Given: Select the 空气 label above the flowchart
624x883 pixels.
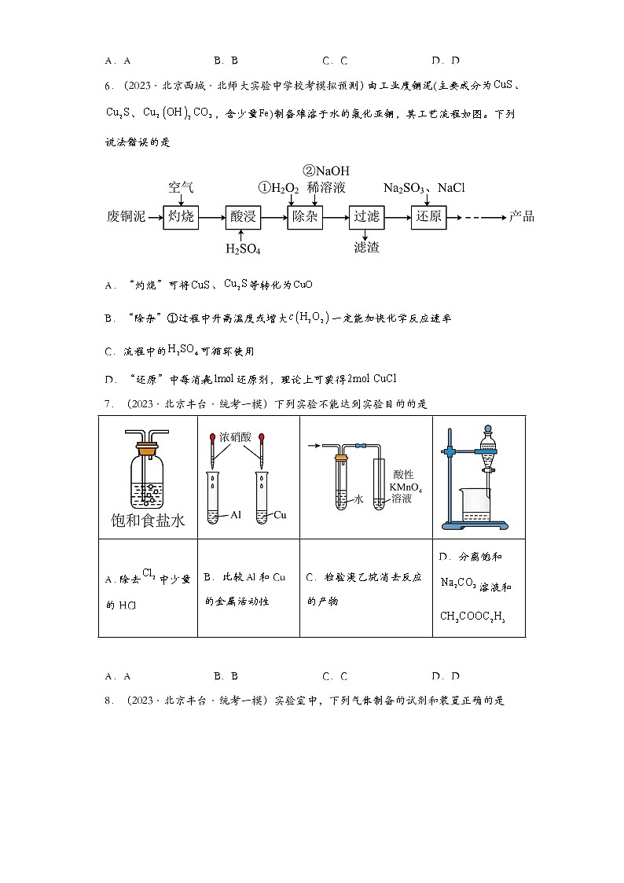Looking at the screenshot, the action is [181, 188].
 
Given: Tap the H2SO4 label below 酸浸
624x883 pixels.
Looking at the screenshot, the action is [243, 248].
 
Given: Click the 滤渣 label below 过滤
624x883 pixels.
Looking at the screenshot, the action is [366, 248].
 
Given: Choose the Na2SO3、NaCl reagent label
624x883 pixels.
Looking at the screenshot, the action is [424, 188].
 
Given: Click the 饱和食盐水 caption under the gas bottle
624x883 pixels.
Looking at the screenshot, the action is [149, 520].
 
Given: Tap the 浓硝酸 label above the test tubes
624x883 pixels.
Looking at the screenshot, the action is [234, 435].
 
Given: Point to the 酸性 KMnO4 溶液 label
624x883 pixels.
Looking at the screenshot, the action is [406, 487].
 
